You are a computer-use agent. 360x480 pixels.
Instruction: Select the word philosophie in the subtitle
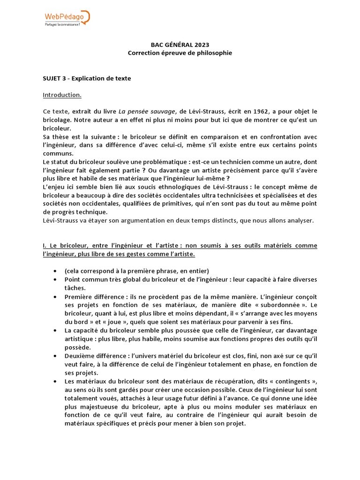213,53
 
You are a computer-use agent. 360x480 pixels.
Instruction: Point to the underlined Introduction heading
62,95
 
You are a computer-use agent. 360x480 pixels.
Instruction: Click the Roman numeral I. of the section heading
45,246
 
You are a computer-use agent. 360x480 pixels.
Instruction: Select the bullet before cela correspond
56,271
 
